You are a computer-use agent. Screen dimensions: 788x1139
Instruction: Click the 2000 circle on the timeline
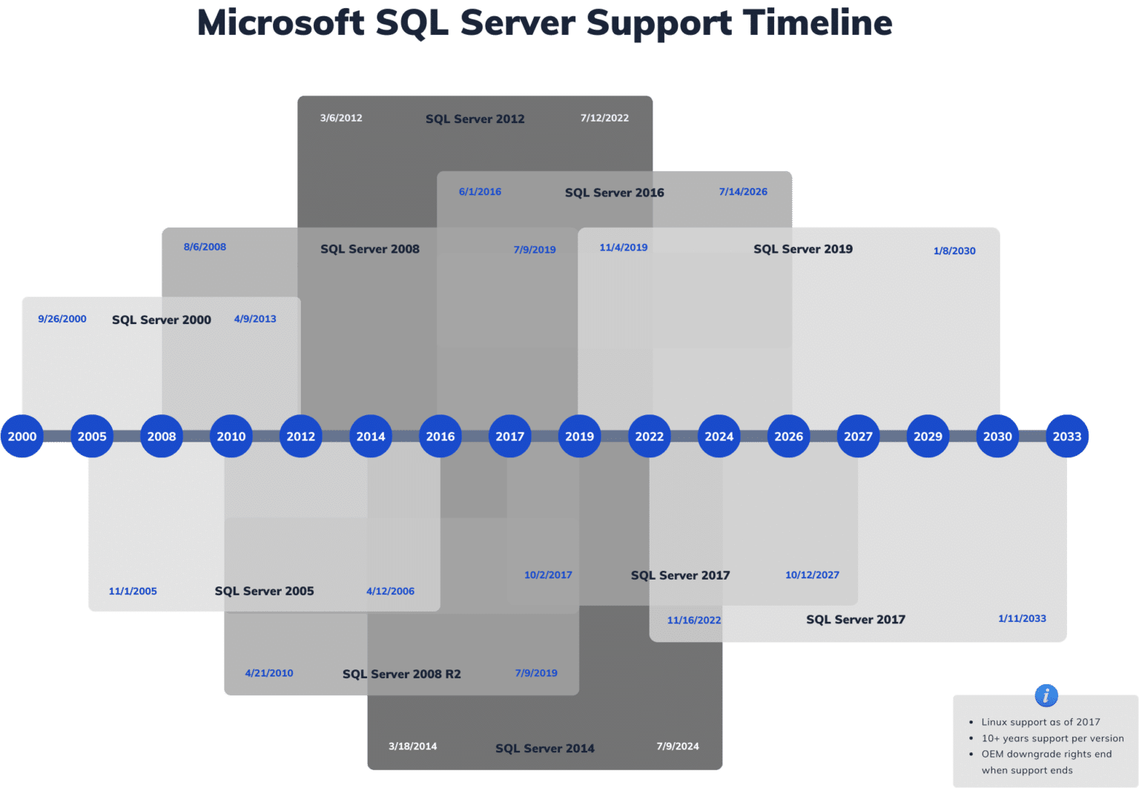pos(22,437)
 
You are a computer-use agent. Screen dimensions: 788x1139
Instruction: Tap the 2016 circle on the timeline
pos(440,437)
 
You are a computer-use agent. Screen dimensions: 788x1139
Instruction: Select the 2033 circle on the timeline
pos(1067,437)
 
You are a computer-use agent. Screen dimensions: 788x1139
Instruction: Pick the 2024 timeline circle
pos(719,437)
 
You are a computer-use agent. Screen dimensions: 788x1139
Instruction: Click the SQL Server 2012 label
pos(475,119)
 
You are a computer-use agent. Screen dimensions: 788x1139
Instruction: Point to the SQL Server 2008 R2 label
pos(401,674)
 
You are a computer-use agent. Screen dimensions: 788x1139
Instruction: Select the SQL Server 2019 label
pos(803,249)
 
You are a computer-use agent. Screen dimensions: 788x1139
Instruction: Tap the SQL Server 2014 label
pos(545,749)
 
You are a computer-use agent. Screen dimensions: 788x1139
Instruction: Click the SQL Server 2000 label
pos(162,319)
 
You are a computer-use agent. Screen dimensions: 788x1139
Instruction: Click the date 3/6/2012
pos(341,118)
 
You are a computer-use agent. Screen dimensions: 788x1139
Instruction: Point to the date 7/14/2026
pos(743,192)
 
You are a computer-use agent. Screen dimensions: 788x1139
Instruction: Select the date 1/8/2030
pos(954,251)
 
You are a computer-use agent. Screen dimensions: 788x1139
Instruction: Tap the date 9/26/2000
pos(62,319)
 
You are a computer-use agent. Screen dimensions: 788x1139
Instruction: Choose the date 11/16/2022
pos(693,620)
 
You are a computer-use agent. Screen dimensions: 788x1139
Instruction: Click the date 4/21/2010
pos(269,673)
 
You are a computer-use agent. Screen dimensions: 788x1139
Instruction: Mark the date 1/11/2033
pos(1022,618)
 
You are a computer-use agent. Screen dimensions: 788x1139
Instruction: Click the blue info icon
pos(1046,695)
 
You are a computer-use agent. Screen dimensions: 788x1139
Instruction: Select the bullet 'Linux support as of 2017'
pos(1040,722)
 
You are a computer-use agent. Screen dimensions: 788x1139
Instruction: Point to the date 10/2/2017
pos(548,575)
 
